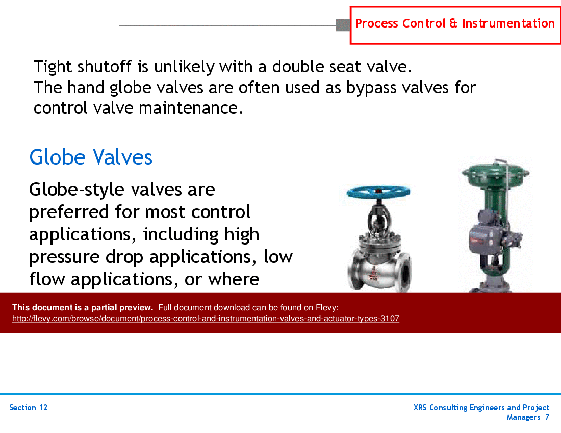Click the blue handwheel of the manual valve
[378, 192]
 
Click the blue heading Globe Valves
[91, 157]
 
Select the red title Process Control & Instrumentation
[455, 24]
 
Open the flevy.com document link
[206, 319]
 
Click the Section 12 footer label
[29, 408]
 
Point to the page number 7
[547, 417]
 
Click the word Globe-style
[76, 190]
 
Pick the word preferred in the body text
[69, 211]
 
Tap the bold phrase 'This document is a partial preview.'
[83, 307]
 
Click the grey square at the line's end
[343, 24]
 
